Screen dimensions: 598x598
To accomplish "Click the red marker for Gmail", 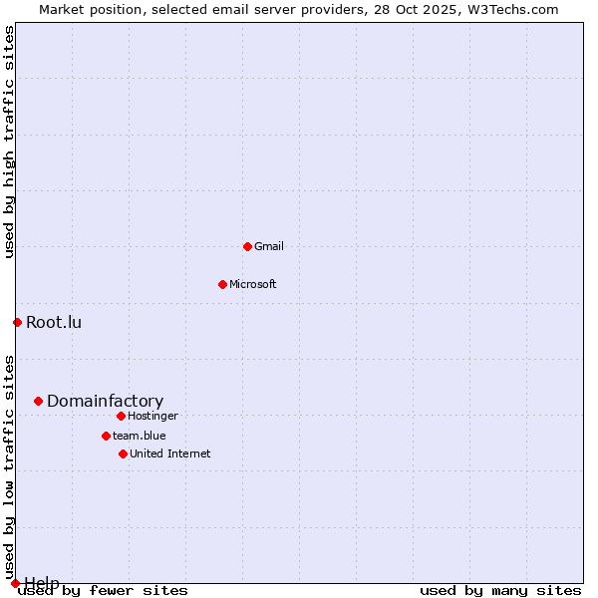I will coord(247,246).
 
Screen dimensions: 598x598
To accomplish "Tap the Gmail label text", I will coord(269,246).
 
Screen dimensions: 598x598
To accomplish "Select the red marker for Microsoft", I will coord(222,284).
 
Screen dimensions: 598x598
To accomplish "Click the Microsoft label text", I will coord(252,284).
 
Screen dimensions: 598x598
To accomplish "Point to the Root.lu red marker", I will coord(17,322).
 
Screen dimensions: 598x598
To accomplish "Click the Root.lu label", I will coord(54,322).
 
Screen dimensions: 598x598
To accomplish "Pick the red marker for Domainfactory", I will coord(38,401).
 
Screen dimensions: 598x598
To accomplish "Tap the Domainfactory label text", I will coord(105,401).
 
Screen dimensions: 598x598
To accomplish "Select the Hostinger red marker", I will coord(121,416).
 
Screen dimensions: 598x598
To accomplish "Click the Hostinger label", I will coord(152,416).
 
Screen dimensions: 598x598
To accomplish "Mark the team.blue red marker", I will coord(106,436).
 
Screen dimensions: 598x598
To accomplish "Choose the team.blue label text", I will coord(139,436).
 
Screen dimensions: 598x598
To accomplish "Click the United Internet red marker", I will coord(123,453).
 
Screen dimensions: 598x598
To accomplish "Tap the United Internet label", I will coord(169,453).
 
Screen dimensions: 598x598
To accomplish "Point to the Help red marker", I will coord(15,583).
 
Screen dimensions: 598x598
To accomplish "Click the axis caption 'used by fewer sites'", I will coord(103,591).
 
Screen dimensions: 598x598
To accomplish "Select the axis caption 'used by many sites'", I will coord(500,591).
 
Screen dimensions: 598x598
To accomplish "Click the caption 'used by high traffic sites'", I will coord(9,142).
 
